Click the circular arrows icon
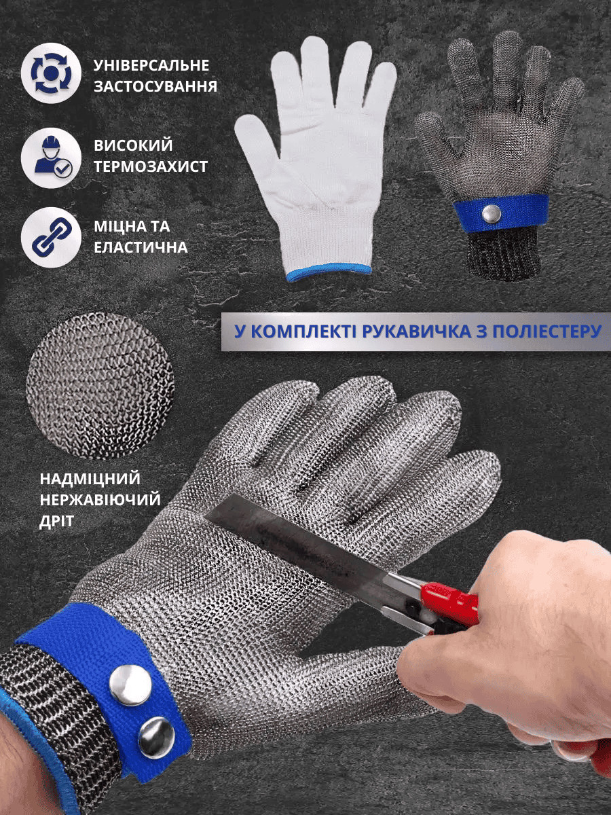click(x=51, y=73)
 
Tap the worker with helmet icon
click(x=51, y=158)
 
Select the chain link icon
click(x=51, y=238)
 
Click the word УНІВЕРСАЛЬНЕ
click(x=151, y=65)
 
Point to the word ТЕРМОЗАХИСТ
click(x=151, y=166)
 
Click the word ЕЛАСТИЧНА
click(x=141, y=247)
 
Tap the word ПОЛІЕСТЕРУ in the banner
click(x=542, y=331)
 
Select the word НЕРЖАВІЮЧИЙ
click(x=100, y=500)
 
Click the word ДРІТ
click(x=57, y=522)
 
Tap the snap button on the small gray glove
click(x=492, y=214)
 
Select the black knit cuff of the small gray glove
click(x=502, y=253)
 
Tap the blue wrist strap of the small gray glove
click(x=501, y=213)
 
